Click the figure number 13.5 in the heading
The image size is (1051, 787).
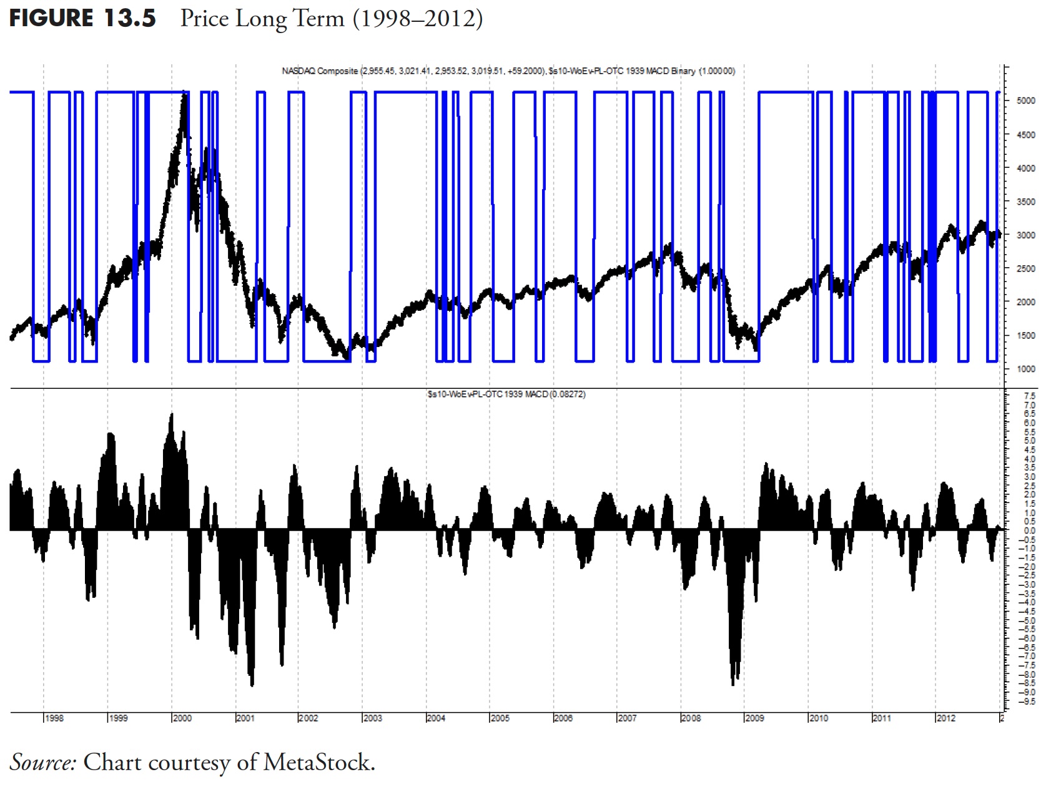129,18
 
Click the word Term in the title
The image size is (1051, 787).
318,19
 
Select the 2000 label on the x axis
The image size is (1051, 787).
182,718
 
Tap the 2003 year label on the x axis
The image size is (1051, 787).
373,718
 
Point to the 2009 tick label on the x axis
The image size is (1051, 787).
754,718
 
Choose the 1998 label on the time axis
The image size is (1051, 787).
54,718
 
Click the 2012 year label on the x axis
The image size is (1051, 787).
945,718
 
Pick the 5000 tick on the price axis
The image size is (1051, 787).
1026,100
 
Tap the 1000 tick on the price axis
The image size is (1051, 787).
1026,369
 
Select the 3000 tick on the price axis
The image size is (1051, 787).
1026,235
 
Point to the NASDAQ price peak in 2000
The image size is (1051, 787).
184,94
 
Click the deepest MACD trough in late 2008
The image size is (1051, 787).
733,684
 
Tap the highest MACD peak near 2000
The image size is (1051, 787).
172,414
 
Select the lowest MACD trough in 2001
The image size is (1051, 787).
252,685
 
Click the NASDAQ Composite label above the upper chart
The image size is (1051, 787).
320,71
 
